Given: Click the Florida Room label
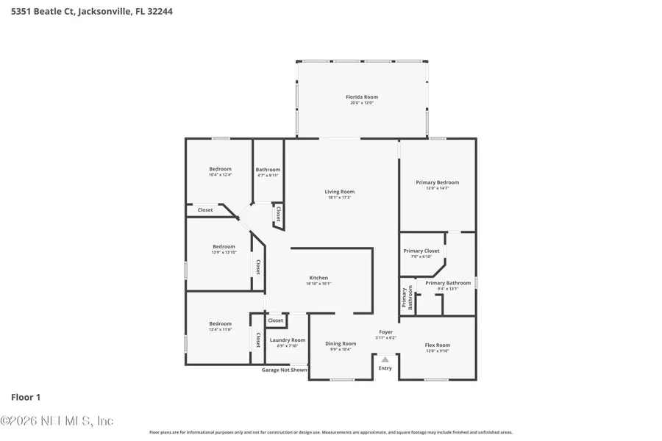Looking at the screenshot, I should tap(362, 97).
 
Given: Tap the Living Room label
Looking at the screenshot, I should tap(339, 192).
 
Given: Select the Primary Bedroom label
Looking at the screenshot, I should tap(437, 182).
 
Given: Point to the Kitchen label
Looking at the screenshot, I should tap(318, 278).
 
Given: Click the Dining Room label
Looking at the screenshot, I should tap(341, 343).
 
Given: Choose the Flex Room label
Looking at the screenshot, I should tap(437, 345).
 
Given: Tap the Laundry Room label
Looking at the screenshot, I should tap(287, 340).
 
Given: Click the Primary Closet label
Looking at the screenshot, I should tap(421, 251).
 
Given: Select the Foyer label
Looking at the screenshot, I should tap(385, 332).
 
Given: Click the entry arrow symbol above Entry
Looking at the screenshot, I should tap(385, 359).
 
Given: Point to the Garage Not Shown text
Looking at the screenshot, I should tap(285, 370).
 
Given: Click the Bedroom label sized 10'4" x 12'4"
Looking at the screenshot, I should tap(220, 169).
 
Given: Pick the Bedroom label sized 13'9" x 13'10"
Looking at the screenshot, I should tap(224, 246).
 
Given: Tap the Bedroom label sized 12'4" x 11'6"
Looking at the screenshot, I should tap(220, 323).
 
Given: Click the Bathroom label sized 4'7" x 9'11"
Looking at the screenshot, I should tap(268, 170).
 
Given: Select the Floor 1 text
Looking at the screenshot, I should tap(26, 398).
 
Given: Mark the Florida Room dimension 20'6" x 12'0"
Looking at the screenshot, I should tap(362, 103).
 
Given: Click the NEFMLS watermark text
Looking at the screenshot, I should tap(57, 421).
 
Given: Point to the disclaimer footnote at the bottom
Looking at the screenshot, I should tap(330, 432).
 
